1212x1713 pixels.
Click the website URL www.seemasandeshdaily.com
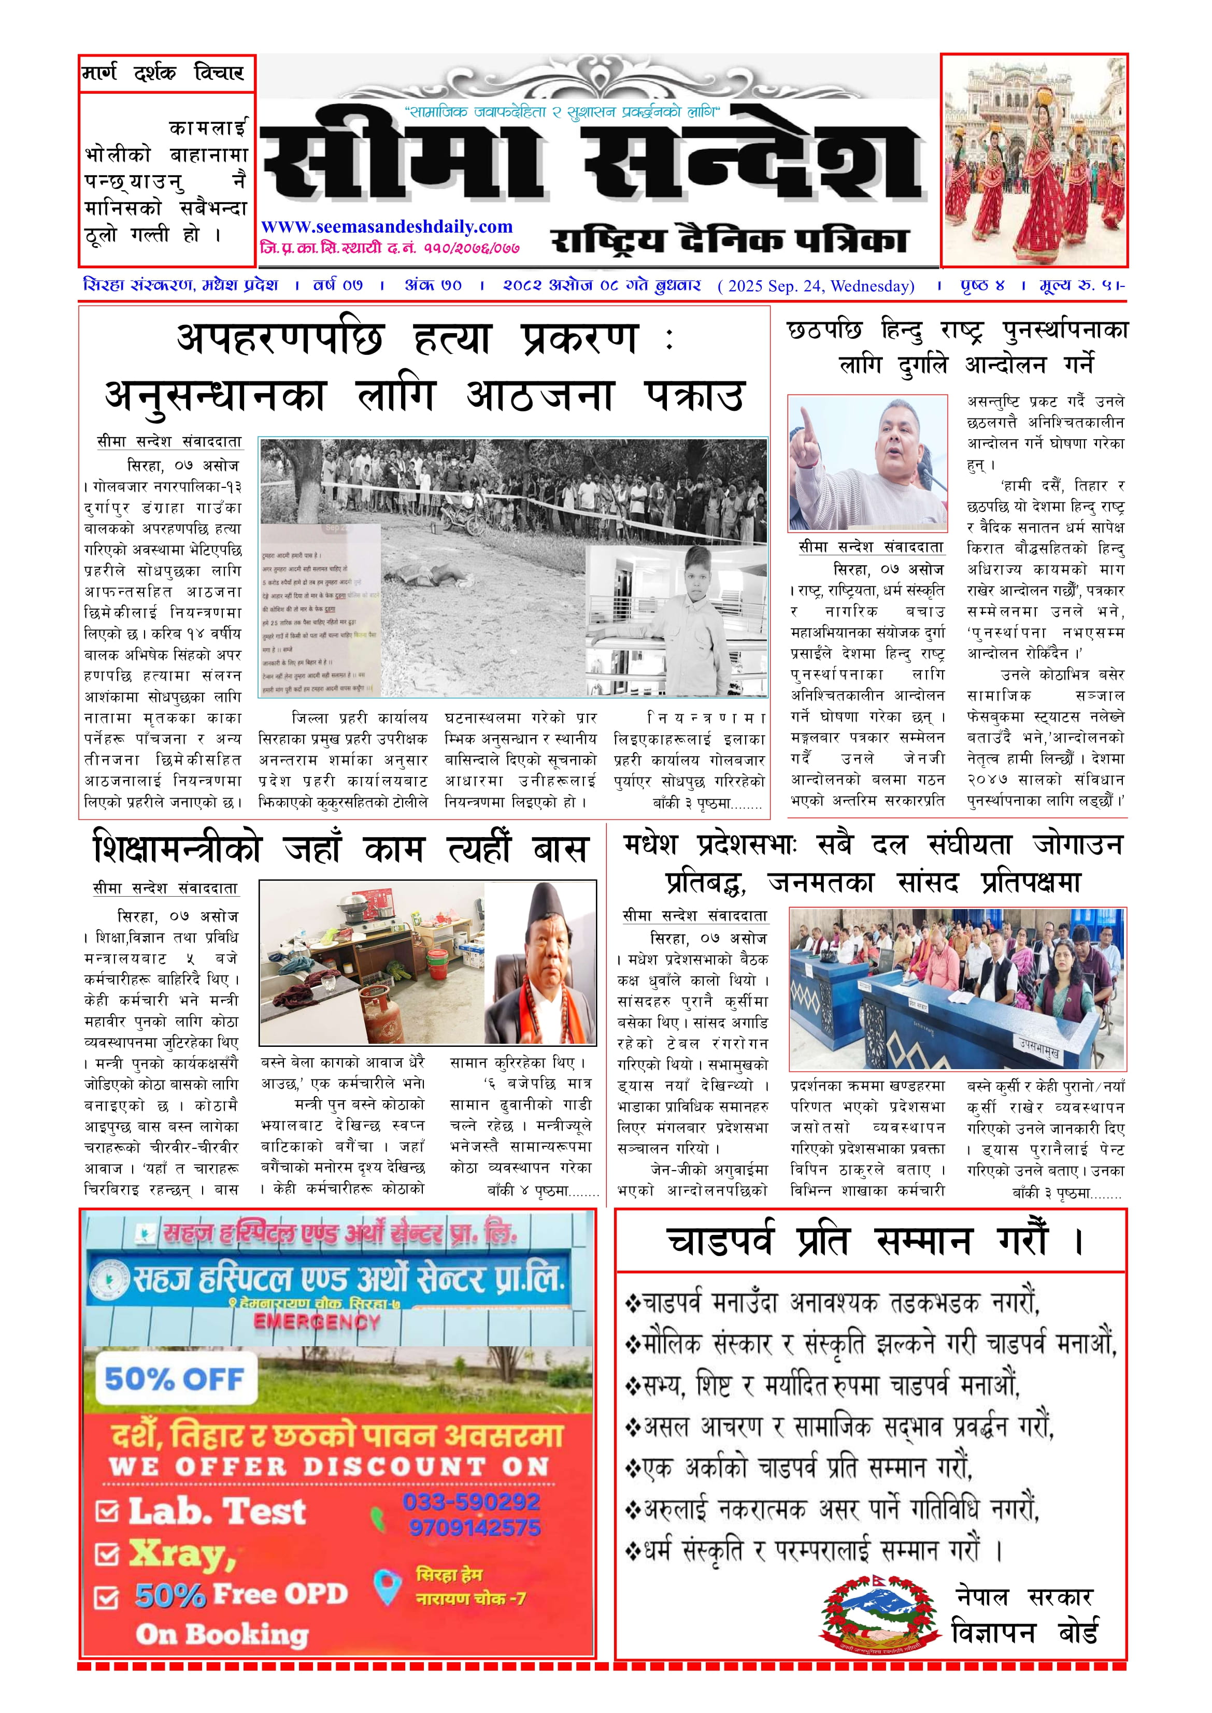click(387, 227)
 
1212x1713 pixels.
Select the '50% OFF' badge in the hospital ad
click(174, 1379)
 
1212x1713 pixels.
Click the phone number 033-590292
click(472, 1502)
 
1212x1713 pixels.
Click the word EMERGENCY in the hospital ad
click(317, 1322)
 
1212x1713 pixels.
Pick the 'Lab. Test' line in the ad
click(217, 1512)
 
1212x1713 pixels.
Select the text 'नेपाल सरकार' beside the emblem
click(1024, 1596)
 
